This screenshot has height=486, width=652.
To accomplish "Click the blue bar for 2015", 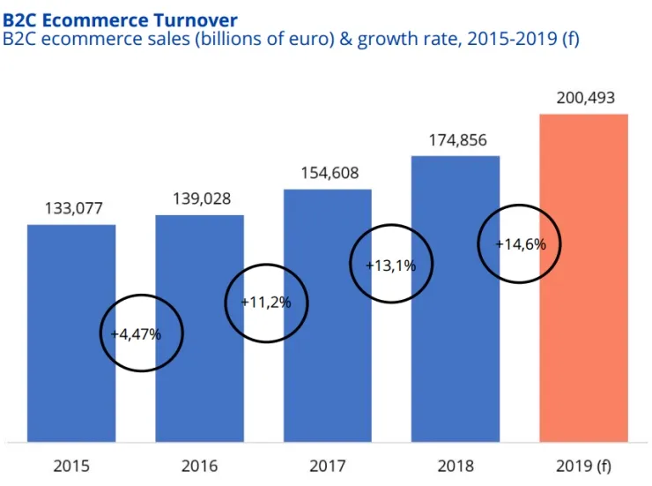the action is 71,333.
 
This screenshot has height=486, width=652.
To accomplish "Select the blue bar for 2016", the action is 200,328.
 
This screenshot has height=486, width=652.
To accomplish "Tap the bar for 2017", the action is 328,316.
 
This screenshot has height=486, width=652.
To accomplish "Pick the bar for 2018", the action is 456,299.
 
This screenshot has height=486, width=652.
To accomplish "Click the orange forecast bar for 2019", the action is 584,278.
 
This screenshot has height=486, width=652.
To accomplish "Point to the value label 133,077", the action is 74,208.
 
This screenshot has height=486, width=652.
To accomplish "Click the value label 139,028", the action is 202,198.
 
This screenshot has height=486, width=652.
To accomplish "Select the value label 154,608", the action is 330,173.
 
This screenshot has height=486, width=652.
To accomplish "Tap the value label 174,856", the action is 458,140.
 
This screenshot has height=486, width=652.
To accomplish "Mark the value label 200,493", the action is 585,98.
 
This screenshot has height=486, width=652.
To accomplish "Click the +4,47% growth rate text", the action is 136,334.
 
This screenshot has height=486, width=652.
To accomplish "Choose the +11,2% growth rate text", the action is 266,302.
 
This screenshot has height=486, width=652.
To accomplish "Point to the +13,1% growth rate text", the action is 391,265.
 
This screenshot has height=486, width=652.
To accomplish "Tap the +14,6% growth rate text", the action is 521,244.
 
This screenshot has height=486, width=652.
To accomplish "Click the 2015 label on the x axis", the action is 71,466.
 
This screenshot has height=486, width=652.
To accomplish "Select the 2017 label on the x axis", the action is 328,466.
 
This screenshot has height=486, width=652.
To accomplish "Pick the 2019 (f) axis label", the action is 584,467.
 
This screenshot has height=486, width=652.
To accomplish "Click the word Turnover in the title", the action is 196,20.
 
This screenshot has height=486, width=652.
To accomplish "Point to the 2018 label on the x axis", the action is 456,466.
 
